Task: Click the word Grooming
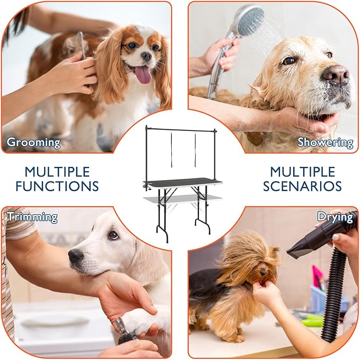click(x=33, y=142)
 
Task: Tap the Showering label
click(x=325, y=142)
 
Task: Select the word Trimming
click(x=32, y=217)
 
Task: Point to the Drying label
click(x=335, y=217)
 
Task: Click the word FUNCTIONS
click(x=57, y=186)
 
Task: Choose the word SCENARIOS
click(x=302, y=186)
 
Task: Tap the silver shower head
click(x=249, y=20)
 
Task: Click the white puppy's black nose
click(x=75, y=256)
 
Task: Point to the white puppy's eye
click(x=113, y=235)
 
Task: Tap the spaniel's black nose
click(x=146, y=56)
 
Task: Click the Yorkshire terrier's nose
click(x=263, y=273)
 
